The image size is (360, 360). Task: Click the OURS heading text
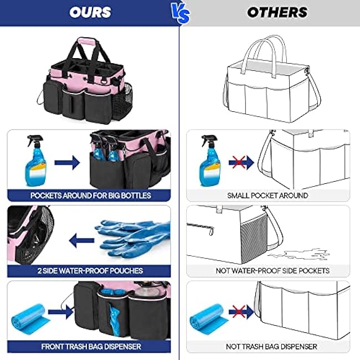click(x=91, y=12)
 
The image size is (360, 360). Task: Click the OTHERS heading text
click(x=277, y=12)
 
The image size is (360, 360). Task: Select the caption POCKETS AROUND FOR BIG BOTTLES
click(x=91, y=195)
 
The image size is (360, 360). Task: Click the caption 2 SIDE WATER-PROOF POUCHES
click(x=91, y=271)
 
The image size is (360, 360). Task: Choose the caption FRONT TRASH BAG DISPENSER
click(x=91, y=347)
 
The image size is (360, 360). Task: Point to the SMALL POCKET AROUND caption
click(x=268, y=195)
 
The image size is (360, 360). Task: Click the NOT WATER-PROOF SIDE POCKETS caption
click(x=272, y=271)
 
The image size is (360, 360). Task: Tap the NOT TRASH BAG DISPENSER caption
click(x=271, y=347)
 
